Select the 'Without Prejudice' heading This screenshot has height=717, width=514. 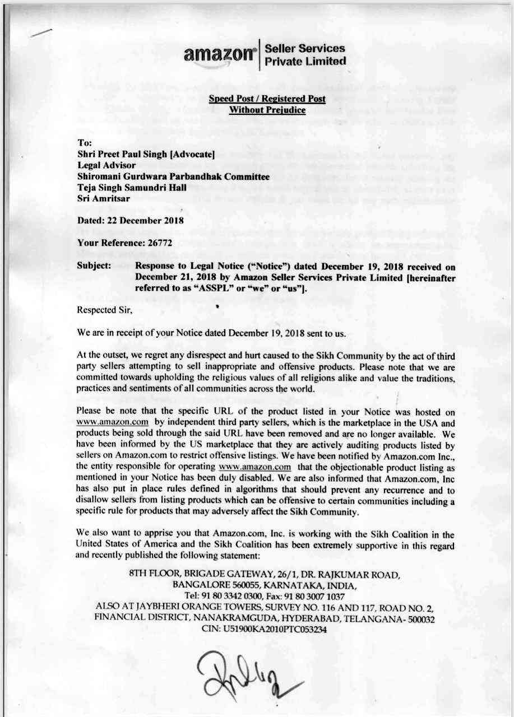pos(267,110)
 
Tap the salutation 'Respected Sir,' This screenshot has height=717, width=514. pos(104,309)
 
